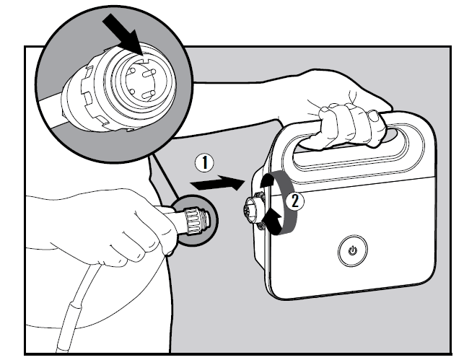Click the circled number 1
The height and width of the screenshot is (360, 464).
[x=204, y=163]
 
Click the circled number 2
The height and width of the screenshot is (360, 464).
[x=294, y=202]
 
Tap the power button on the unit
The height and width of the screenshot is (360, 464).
[x=352, y=250]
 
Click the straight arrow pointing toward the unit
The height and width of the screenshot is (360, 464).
[x=217, y=183]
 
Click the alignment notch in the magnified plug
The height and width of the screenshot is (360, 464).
[x=145, y=59]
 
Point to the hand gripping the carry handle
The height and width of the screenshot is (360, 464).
[x=349, y=124]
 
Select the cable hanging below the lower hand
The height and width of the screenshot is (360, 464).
[x=77, y=307]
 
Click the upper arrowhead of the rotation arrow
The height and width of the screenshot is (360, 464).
[x=267, y=180]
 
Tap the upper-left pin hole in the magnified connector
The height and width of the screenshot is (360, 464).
[x=133, y=71]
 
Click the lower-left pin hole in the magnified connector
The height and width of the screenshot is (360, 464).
[x=132, y=92]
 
